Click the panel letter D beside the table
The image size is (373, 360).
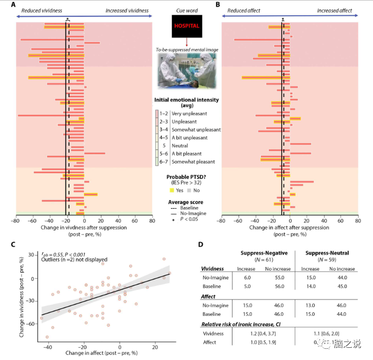click(x=201, y=244)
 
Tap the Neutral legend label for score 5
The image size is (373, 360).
click(x=181, y=146)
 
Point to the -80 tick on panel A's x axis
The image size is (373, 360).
click(x=16, y=221)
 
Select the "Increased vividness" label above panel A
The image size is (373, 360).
click(x=127, y=11)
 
